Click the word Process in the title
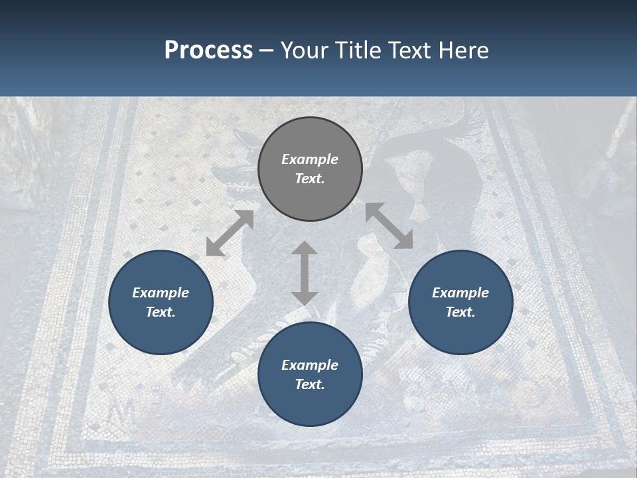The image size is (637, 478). tap(208, 50)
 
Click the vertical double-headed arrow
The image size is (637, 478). tap(305, 273)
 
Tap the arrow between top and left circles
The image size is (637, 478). tap(230, 233)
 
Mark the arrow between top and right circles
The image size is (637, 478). tap(389, 226)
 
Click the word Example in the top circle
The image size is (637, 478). tap(310, 159)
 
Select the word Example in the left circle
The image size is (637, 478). tap(161, 293)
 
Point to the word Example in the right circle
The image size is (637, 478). tap(460, 293)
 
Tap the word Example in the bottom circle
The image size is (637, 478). tap(310, 365)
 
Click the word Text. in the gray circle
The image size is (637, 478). tap(310, 179)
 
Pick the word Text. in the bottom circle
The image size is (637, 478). tap(310, 384)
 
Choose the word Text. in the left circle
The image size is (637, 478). tap(161, 312)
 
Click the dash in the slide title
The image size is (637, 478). tap(267, 50)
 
